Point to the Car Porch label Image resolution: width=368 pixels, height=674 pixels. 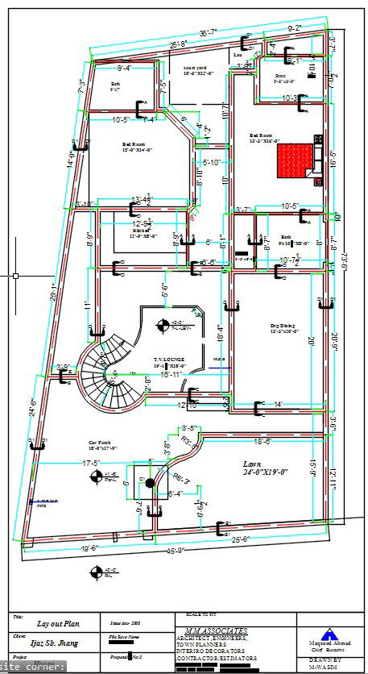click(x=102, y=444)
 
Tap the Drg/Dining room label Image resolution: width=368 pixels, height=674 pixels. click(x=283, y=327)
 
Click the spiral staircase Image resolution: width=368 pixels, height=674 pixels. click(x=105, y=374)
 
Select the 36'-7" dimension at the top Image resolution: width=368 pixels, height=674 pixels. click(x=208, y=31)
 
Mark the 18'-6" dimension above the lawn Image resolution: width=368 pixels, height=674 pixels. click(x=266, y=442)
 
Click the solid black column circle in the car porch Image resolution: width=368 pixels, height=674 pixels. click(x=149, y=482)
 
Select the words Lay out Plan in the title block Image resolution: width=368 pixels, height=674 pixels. click(x=56, y=624)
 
